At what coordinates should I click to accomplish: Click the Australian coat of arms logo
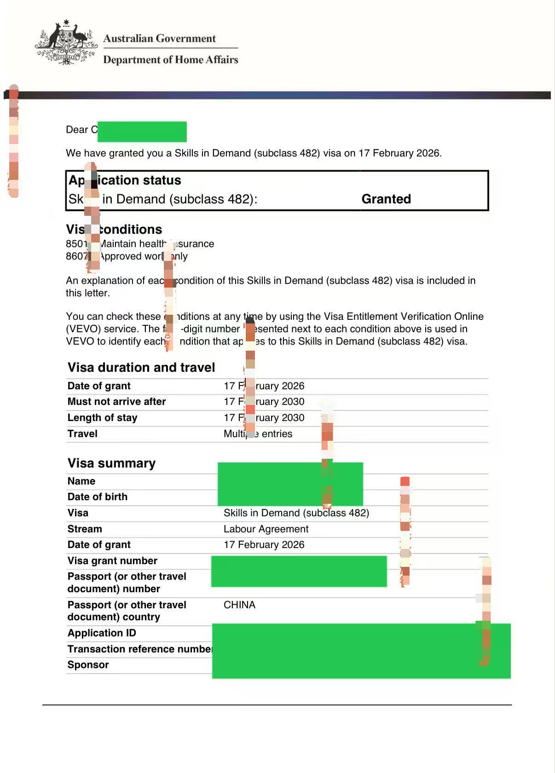(x=66, y=42)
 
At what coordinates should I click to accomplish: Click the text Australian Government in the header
(x=159, y=38)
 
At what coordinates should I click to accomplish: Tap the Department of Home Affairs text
(x=170, y=59)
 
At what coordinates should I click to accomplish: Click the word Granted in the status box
(x=386, y=199)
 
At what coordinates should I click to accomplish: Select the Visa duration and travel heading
(x=141, y=367)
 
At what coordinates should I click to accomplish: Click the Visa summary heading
(x=111, y=463)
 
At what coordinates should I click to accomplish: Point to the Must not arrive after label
(x=116, y=402)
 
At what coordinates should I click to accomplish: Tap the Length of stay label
(x=102, y=418)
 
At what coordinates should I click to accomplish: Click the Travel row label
(x=82, y=433)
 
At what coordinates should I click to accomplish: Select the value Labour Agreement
(x=266, y=529)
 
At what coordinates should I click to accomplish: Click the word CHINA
(x=239, y=605)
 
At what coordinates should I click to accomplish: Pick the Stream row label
(x=85, y=529)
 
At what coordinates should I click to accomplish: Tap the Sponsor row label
(x=88, y=665)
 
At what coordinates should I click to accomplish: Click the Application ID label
(x=102, y=633)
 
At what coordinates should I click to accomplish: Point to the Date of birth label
(x=97, y=497)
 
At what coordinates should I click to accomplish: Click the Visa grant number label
(x=112, y=560)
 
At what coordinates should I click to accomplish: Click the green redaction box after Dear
(x=142, y=132)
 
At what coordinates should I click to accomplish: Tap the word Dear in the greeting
(x=77, y=130)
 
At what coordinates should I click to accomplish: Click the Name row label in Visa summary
(x=81, y=481)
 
